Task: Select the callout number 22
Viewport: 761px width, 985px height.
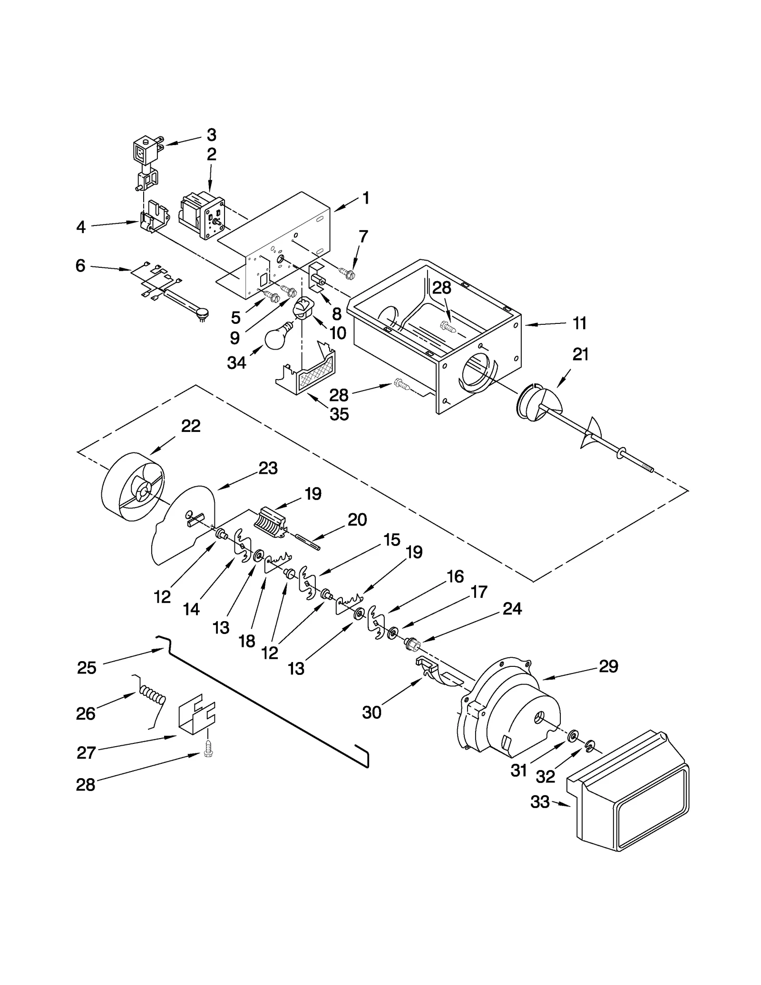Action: pos(191,426)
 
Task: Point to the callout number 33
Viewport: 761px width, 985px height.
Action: pos(540,802)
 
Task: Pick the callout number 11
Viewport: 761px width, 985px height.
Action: pos(580,323)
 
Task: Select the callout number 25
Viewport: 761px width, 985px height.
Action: pos(87,668)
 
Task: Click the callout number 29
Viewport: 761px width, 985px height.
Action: pos(608,666)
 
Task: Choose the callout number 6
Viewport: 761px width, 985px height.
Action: pos(80,265)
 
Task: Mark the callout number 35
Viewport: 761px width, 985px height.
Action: pos(339,414)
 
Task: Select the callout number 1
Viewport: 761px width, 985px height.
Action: pos(365,198)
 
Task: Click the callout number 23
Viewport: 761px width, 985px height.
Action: pos(268,468)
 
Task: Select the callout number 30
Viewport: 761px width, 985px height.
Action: pos(371,712)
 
